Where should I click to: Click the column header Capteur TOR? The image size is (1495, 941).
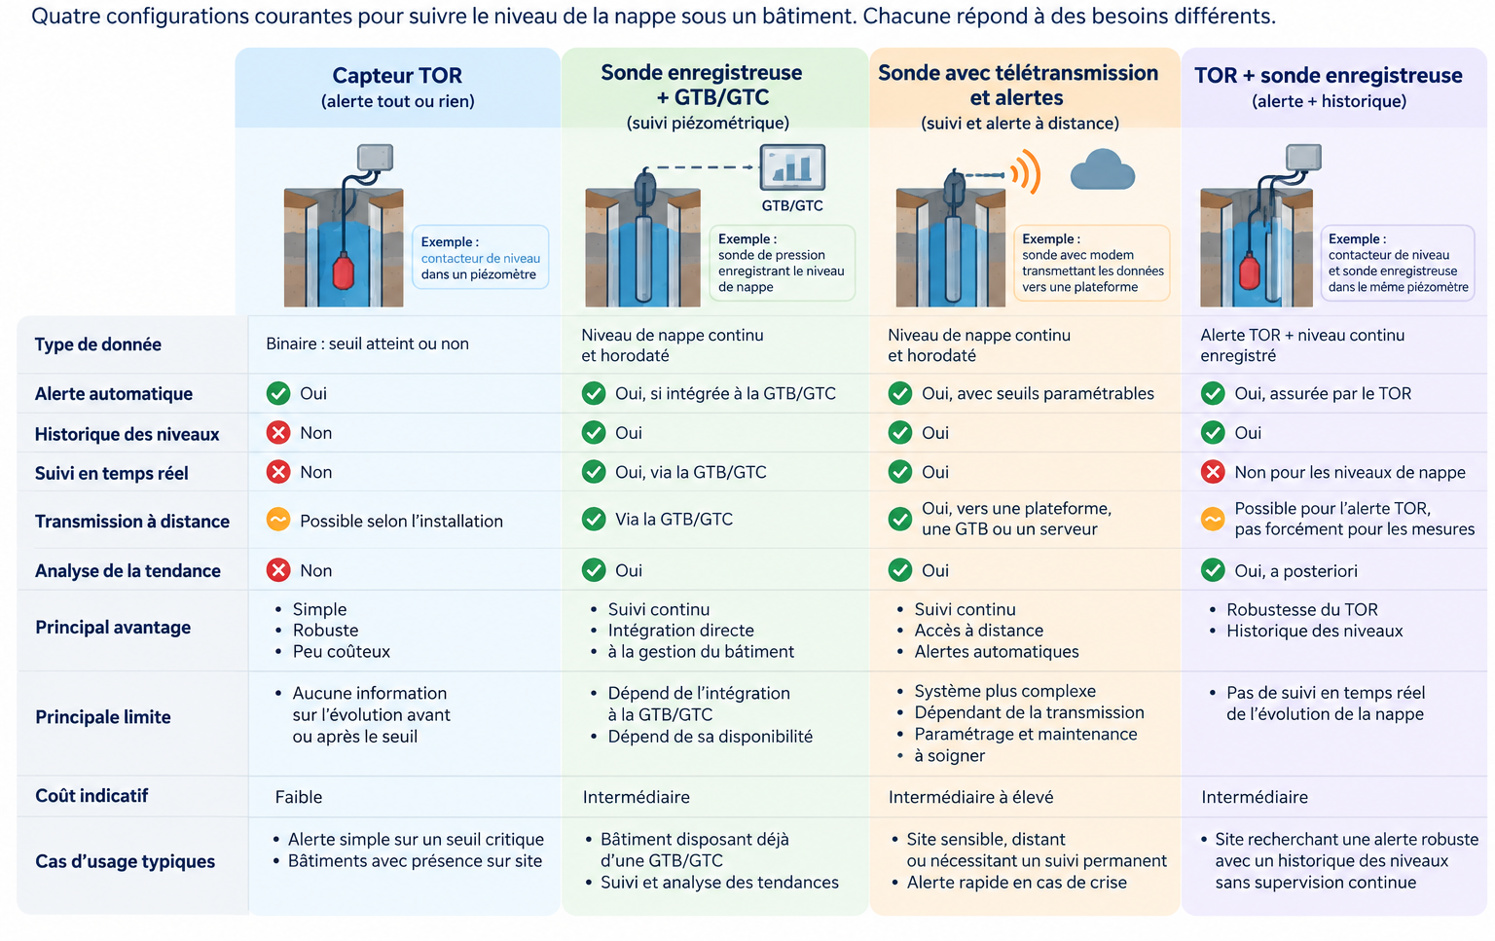point(397,75)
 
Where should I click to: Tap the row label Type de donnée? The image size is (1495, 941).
point(98,344)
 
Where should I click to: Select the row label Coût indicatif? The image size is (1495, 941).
point(91,795)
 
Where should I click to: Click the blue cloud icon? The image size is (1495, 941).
point(1102,170)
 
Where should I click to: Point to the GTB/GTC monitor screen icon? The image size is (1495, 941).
point(792,167)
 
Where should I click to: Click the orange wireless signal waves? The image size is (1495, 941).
point(1026,173)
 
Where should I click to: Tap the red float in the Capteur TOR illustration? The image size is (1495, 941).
point(343,271)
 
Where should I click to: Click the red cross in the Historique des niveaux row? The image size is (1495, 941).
point(278,432)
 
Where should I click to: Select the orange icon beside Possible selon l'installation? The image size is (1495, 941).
point(278,520)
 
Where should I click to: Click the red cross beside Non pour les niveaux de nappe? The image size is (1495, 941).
point(1213,472)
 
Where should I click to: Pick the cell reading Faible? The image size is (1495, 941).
point(299,797)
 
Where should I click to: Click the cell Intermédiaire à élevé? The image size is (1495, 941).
point(970,797)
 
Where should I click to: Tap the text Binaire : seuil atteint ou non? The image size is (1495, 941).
point(367,344)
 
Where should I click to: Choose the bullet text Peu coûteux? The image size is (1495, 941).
point(341,651)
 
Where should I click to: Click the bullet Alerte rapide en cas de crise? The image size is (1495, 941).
point(1016,883)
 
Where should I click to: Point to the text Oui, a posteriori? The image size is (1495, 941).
point(1295,570)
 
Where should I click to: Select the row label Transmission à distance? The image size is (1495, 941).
point(132,522)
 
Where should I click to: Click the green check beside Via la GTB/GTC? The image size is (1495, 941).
point(594,519)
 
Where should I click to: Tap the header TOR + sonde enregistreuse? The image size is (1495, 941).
point(1329,75)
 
